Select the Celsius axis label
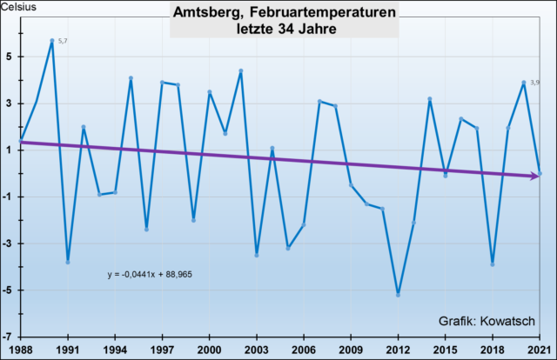(18, 9)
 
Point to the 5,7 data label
(63, 42)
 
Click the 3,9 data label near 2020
(534, 82)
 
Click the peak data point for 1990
(52, 41)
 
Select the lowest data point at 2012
(398, 295)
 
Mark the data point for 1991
(68, 262)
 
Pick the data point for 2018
(493, 264)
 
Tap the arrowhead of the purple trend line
(535, 176)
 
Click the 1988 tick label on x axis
(21, 348)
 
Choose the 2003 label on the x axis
(256, 348)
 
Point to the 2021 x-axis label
(540, 348)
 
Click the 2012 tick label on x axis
(398, 348)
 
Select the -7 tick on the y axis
(8, 337)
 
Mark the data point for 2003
(257, 255)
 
